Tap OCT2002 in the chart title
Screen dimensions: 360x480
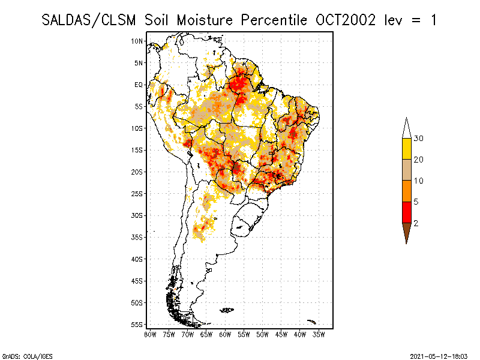click(345, 20)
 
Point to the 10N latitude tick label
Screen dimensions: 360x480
click(137, 41)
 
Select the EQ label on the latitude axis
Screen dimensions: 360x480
click(139, 85)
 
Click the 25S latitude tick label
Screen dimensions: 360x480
click(137, 193)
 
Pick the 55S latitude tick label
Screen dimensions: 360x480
click(137, 324)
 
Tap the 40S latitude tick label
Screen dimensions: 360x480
click(137, 259)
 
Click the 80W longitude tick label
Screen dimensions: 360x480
click(150, 334)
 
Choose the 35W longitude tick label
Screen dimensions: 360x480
click(319, 334)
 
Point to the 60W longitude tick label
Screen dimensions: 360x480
click(225, 334)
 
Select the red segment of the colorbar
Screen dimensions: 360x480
click(406, 212)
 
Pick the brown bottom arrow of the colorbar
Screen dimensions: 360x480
click(406, 232)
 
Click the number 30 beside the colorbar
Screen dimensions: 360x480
click(419, 139)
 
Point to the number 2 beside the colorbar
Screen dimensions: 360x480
click(416, 223)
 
